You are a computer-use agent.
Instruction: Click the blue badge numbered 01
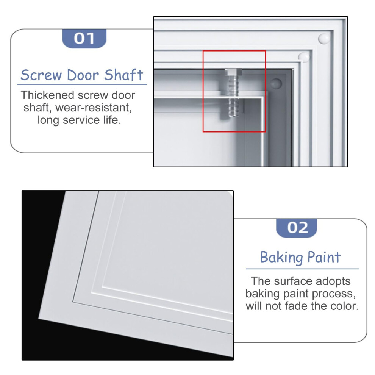click(84, 39)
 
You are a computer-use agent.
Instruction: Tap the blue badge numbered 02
click(297, 228)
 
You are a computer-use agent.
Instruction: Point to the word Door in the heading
click(83, 75)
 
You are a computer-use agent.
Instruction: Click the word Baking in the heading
click(281, 258)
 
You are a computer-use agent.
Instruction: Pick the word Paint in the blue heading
click(324, 257)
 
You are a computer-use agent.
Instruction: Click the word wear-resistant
click(93, 108)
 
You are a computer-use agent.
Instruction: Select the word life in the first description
click(112, 120)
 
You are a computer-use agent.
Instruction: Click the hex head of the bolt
click(233, 72)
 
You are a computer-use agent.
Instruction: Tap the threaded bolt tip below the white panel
click(233, 108)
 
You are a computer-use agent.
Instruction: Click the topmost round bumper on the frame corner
click(324, 39)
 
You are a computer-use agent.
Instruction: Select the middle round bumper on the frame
click(304, 57)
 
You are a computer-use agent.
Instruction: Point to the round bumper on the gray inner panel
click(276, 83)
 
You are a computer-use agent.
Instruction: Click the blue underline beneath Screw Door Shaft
click(81, 84)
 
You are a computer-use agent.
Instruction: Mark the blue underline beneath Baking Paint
click(303, 269)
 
